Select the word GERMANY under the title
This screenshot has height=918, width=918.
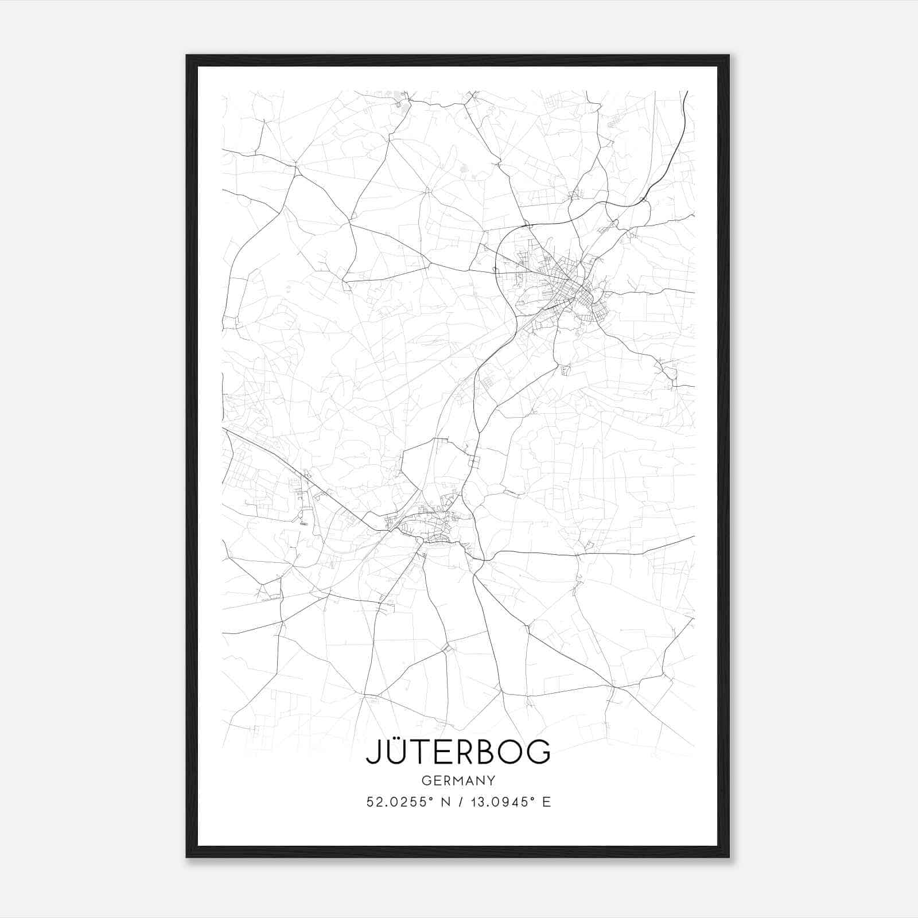tap(458, 780)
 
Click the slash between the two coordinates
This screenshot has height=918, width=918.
tap(461, 802)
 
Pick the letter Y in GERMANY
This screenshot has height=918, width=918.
tap(492, 780)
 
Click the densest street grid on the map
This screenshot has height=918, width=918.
tap(575, 290)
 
